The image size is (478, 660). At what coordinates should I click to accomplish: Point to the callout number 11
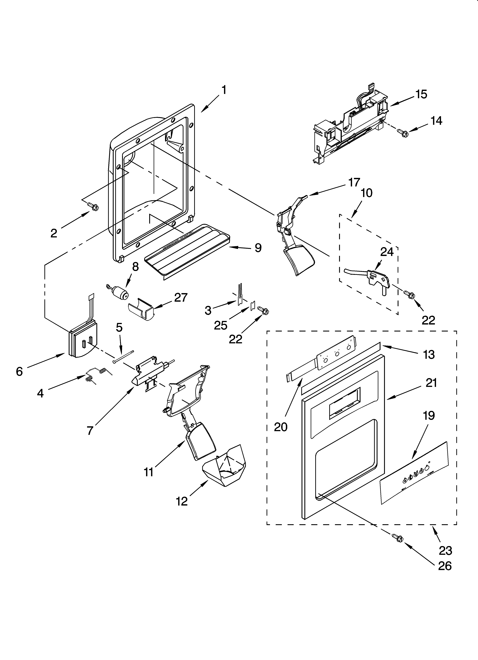[149, 472]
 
